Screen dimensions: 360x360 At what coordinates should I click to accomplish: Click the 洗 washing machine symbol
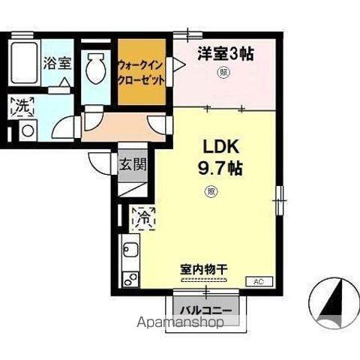pyautogui.click(x=23, y=106)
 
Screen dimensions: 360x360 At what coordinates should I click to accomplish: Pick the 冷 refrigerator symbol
pyautogui.click(x=142, y=218)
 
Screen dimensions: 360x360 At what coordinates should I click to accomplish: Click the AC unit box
pyautogui.click(x=257, y=281)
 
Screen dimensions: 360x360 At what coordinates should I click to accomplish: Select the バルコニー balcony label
pyautogui.click(x=205, y=309)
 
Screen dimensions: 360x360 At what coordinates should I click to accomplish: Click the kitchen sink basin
pyautogui.click(x=128, y=250)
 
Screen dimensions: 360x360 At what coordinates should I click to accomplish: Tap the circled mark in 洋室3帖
pyautogui.click(x=223, y=73)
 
